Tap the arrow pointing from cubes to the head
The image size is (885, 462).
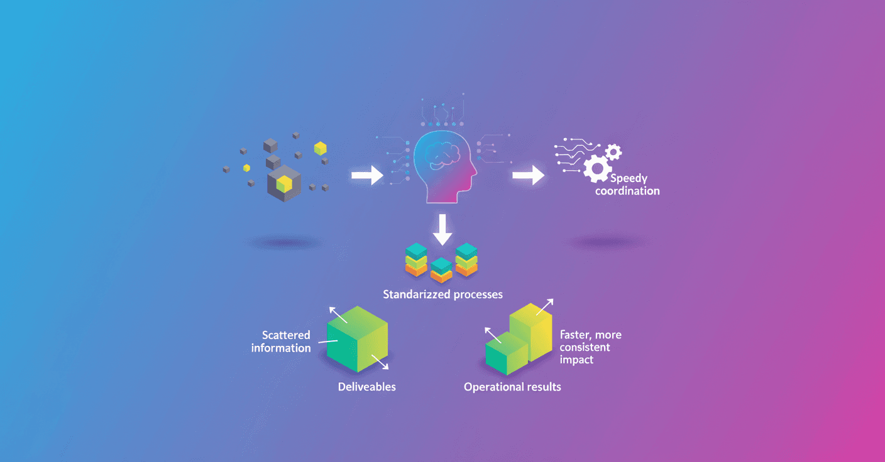click(367, 175)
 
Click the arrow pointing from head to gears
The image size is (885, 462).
click(529, 176)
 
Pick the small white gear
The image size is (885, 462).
click(613, 151)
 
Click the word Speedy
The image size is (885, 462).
click(629, 178)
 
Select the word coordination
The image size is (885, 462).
click(627, 191)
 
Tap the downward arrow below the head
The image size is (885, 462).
click(442, 229)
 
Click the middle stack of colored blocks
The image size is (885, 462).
click(441, 269)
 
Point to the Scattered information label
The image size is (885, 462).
click(281, 341)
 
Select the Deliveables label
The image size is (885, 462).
click(367, 387)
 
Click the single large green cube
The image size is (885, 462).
click(356, 339)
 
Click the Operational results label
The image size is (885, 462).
click(512, 387)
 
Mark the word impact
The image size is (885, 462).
click(576, 360)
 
